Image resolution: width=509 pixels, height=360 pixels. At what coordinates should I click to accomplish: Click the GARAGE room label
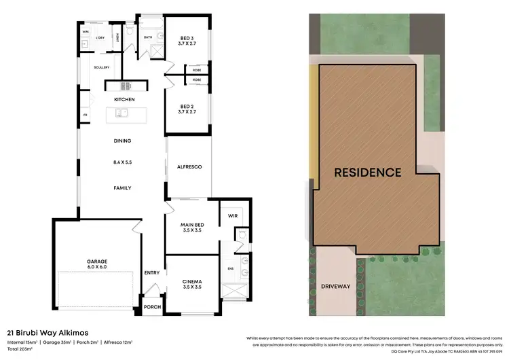point(97,260)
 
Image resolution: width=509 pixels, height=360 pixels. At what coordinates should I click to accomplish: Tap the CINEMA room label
point(192,281)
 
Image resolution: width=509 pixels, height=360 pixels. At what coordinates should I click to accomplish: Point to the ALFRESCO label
point(189,166)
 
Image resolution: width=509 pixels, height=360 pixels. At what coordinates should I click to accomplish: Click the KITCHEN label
point(124,100)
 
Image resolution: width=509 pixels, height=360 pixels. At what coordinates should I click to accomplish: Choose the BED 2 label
point(188,105)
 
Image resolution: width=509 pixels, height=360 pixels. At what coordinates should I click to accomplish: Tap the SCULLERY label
point(102,67)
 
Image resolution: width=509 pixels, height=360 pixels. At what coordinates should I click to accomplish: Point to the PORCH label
point(152,307)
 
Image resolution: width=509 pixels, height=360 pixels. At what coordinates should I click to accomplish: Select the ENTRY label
point(151,273)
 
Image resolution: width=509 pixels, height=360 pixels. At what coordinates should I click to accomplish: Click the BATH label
point(148,38)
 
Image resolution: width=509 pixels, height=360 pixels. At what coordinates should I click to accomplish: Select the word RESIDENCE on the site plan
point(367,173)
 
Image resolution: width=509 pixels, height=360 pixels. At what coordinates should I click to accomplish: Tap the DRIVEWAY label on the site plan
point(335,286)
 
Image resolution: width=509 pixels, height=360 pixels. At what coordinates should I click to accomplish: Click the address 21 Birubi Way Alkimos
point(43,334)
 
